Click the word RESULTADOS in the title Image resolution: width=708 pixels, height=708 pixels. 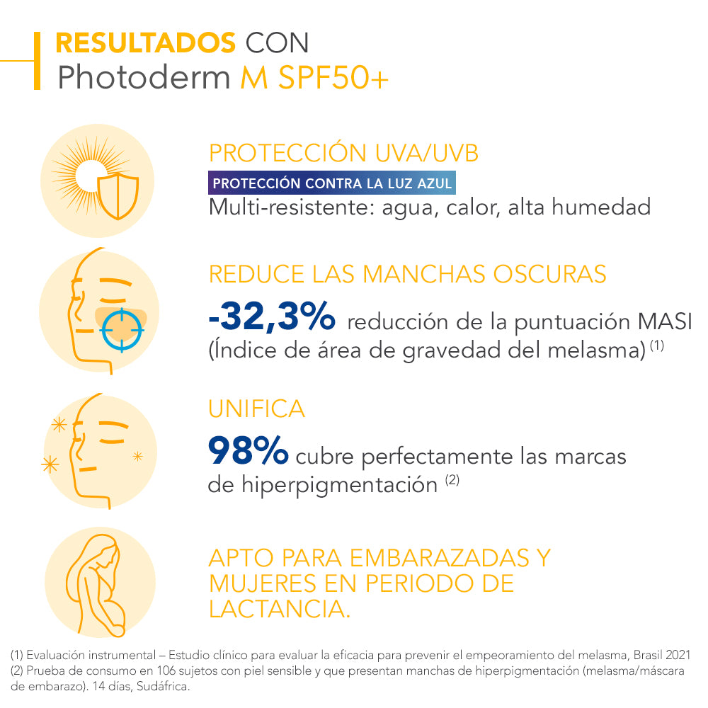click(x=145, y=43)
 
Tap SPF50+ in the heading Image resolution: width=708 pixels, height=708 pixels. click(x=333, y=79)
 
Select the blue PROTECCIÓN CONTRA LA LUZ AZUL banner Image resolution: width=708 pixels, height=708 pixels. click(x=332, y=184)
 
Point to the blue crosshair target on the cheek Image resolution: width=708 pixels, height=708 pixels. click(x=121, y=329)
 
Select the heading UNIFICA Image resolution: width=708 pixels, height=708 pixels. click(x=257, y=409)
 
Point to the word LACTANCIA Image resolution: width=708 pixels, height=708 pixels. click(x=280, y=609)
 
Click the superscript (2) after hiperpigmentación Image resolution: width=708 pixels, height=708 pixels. click(x=452, y=481)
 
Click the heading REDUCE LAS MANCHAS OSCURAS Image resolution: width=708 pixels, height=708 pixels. click(x=408, y=274)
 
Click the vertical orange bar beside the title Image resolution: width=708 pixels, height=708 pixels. click(x=37, y=60)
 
